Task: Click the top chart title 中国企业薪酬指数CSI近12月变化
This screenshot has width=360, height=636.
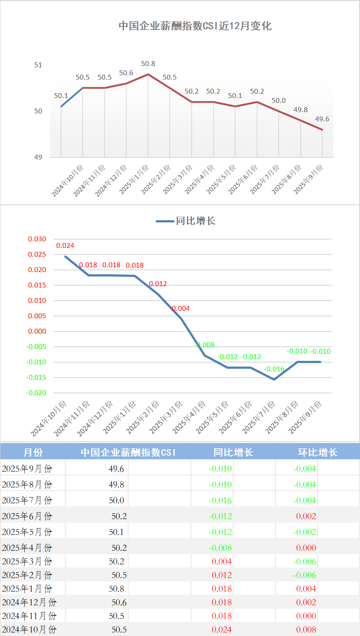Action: point(195,26)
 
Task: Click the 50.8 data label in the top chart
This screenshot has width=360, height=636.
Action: point(148,64)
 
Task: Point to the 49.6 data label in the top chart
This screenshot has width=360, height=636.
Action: point(322,119)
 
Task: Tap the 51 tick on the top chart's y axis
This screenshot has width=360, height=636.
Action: point(38,65)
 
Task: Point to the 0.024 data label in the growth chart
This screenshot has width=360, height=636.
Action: point(65,246)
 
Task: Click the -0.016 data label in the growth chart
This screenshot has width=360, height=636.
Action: point(274,369)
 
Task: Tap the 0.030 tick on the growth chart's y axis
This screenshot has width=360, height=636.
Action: point(37,239)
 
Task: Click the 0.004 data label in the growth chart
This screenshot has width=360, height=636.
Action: point(181,309)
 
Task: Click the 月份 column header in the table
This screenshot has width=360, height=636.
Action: point(33,452)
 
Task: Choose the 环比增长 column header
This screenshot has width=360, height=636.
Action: point(318,452)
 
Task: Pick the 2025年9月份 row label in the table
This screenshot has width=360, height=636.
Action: point(27,469)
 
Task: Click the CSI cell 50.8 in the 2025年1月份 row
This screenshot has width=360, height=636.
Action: point(119,589)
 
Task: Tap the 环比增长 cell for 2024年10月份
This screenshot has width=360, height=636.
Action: point(305,630)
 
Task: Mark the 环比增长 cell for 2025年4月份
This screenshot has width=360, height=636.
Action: point(305,548)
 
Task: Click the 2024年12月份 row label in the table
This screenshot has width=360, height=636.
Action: point(29,602)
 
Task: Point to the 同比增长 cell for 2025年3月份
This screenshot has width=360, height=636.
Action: point(222,561)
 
